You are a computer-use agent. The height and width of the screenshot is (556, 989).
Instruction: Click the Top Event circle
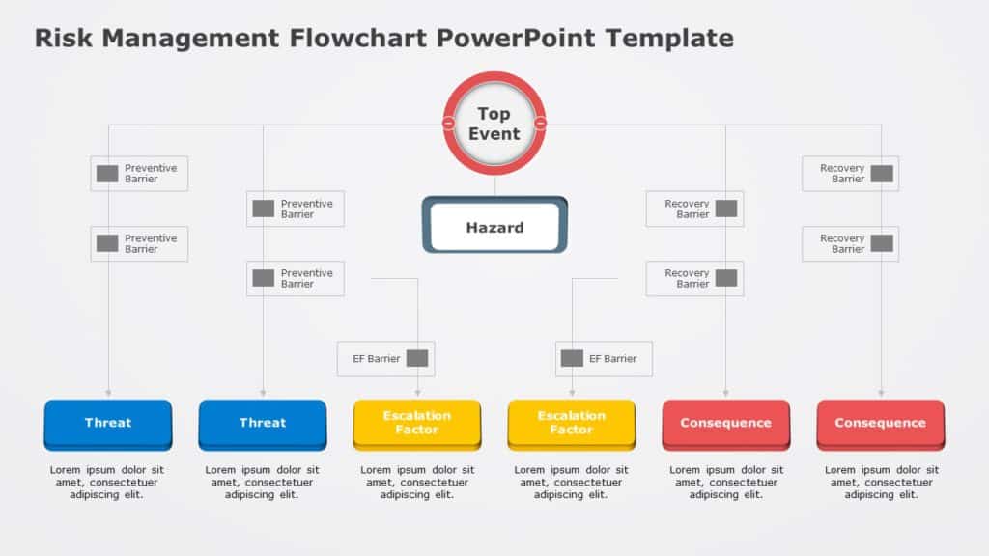494,124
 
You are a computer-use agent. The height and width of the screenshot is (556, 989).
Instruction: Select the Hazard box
494,228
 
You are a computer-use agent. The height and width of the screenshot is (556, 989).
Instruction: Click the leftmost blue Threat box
108,423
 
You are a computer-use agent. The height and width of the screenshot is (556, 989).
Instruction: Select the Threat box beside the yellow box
263,423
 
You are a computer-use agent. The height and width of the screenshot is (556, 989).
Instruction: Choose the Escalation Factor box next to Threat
417,423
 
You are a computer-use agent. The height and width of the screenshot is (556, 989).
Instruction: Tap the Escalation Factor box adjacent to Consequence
572,423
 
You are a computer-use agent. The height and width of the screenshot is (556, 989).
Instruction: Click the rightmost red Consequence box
880,423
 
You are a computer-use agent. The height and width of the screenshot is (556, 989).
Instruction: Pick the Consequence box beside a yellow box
725,423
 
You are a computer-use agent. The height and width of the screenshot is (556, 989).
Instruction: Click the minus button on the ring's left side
449,124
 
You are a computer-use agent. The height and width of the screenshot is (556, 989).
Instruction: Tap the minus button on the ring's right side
540,124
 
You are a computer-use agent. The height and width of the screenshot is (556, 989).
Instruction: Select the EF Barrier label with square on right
386,359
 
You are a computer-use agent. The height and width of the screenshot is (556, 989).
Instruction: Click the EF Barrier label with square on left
604,359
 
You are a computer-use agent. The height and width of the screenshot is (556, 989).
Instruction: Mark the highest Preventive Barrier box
139,174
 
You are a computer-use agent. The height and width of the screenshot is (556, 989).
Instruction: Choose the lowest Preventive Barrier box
296,278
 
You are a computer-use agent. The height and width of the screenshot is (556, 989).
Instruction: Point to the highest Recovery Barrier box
850,174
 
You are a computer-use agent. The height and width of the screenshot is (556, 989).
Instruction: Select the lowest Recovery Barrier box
694,278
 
